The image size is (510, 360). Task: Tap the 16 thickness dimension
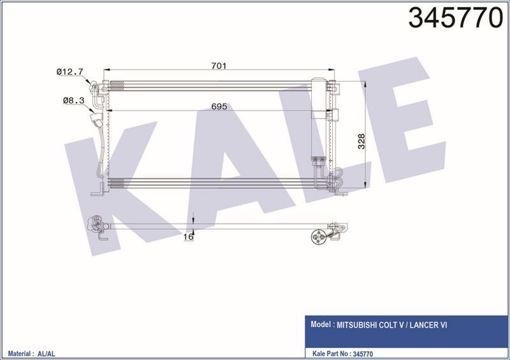[x=188, y=237]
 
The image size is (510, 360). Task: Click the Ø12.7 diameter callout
[x=69, y=72]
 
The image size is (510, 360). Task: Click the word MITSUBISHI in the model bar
[x=361, y=324]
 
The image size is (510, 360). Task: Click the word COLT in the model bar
[x=391, y=324]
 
